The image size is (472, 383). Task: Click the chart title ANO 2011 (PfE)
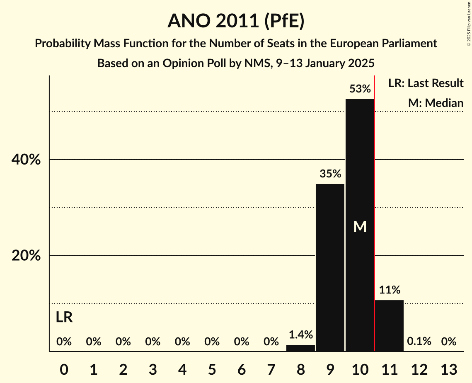[236, 21]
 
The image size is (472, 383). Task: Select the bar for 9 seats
[330, 267]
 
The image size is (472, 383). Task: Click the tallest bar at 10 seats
[360, 225]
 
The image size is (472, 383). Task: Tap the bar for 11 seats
[389, 325]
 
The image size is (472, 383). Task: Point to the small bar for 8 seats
[300, 348]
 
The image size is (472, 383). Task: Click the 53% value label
[360, 89]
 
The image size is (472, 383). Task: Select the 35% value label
[330, 174]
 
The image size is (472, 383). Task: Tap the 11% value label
[389, 290]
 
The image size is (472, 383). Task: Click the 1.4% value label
[300, 335]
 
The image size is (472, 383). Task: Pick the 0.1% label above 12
[419, 342]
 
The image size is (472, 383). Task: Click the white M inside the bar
[360, 226]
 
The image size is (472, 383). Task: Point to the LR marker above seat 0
[64, 318]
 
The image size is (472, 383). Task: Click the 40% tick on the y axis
[26, 160]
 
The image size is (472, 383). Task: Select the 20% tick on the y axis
[26, 256]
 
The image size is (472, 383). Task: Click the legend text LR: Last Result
[426, 83]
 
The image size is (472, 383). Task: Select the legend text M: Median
[436, 103]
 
